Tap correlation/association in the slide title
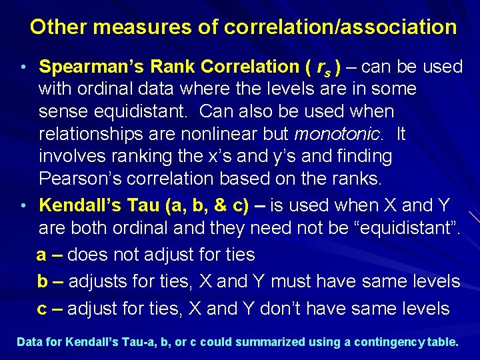pos(341,27)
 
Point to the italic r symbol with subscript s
pos(323,67)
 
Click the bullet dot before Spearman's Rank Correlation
pos(23,67)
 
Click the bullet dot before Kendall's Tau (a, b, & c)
pos(23,205)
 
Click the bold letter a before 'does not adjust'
pos(41,255)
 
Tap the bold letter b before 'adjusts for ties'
pos(42,281)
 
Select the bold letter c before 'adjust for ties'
pos(41,309)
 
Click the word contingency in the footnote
pos(391,342)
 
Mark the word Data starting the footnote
pos(29,342)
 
